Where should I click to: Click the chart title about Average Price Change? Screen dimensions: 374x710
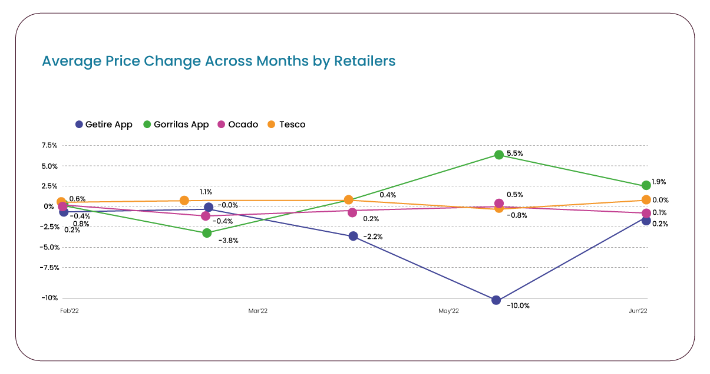pyautogui.click(x=219, y=61)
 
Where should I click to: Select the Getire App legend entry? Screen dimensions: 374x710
pyautogui.click(x=104, y=124)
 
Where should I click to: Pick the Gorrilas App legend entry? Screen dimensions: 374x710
pyautogui.click(x=176, y=124)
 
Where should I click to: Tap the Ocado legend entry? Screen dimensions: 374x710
pyautogui.click(x=237, y=124)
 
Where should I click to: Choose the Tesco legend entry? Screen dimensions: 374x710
pyautogui.click(x=286, y=124)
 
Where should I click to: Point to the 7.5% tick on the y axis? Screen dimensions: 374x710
pyautogui.click(x=49, y=146)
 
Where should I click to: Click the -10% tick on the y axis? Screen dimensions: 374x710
pyautogui.click(x=49, y=298)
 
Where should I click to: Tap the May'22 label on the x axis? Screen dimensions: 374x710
pyautogui.click(x=449, y=310)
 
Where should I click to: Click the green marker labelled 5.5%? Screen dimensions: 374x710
pyautogui.click(x=499, y=155)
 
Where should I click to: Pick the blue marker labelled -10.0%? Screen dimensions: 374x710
pyautogui.click(x=496, y=300)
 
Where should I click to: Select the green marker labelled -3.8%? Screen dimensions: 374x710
pyautogui.click(x=207, y=233)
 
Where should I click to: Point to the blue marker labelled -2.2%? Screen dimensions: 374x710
pyautogui.click(x=353, y=236)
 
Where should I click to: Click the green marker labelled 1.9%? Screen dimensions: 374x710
pyautogui.click(x=646, y=185)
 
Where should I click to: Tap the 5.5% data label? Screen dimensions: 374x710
pyautogui.click(x=514, y=153)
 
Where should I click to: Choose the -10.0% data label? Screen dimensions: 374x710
pyautogui.click(x=519, y=306)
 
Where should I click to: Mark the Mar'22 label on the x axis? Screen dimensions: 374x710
pyautogui.click(x=258, y=310)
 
